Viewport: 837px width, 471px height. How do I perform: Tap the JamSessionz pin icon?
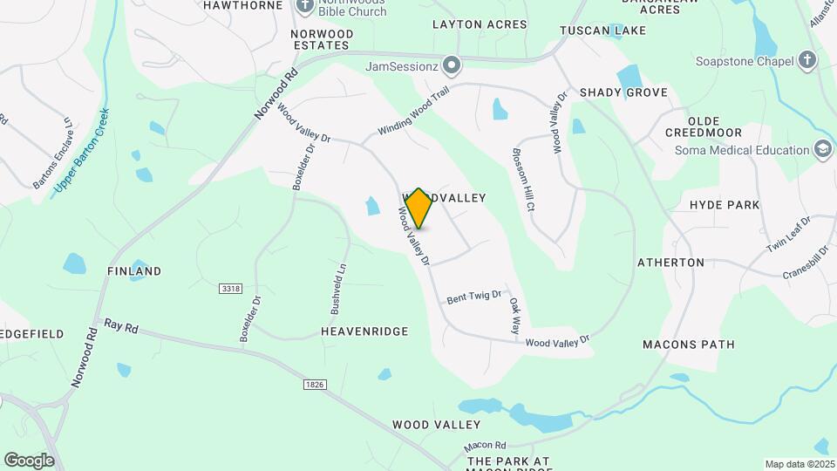pyautogui.click(x=452, y=65)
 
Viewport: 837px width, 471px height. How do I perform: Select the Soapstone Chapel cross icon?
pyautogui.click(x=807, y=60)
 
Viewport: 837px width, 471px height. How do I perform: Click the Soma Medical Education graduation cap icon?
pyautogui.click(x=821, y=149)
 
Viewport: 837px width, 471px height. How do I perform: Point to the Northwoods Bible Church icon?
pyautogui.click(x=305, y=5)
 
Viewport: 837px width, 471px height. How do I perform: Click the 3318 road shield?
pyautogui.click(x=230, y=288)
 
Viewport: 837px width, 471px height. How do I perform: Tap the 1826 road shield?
pyautogui.click(x=315, y=385)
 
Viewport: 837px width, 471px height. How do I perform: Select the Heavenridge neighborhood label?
pyautogui.click(x=364, y=332)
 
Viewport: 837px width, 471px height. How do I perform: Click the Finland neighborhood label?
pyautogui.click(x=134, y=271)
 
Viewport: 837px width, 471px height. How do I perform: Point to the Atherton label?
pyautogui.click(x=670, y=262)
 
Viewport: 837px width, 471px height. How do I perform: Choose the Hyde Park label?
pyautogui.click(x=725, y=205)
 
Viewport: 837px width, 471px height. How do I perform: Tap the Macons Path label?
pyautogui.click(x=689, y=345)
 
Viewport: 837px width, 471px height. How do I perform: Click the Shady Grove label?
pyautogui.click(x=623, y=92)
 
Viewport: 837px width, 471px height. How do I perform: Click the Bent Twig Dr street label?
pyautogui.click(x=474, y=297)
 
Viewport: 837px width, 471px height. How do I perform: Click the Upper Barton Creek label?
pyautogui.click(x=82, y=152)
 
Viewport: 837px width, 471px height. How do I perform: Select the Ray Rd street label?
pyautogui.click(x=121, y=325)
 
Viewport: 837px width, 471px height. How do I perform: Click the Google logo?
pyautogui.click(x=29, y=460)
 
